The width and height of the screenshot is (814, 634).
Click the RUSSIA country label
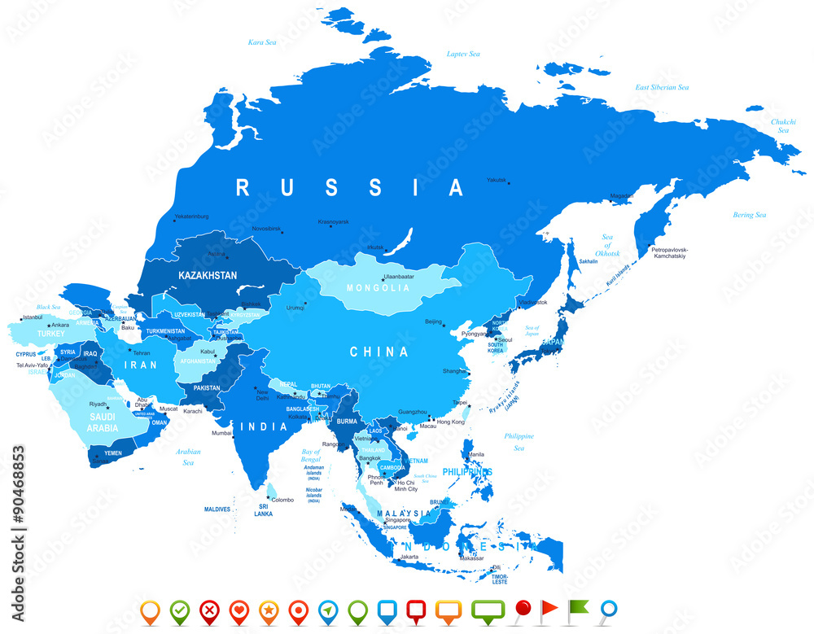[349, 188]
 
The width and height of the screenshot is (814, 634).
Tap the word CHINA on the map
[379, 352]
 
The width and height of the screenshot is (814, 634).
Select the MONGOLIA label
[379, 288]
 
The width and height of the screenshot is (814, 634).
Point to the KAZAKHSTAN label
[208, 275]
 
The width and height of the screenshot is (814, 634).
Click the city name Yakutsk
[496, 180]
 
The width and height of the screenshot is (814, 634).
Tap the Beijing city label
[433, 321]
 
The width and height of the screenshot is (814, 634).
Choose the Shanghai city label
[454, 371]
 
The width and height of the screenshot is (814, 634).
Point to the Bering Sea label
[749, 215]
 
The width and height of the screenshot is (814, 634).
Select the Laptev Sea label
[464, 54]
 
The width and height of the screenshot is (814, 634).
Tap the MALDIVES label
[217, 509]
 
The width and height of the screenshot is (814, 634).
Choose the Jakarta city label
[409, 557]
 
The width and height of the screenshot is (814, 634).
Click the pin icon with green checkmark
[179, 610]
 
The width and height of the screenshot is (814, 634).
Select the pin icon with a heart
[238, 610]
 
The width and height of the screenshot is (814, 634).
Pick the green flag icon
[577, 607]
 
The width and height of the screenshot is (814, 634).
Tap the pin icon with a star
[268, 610]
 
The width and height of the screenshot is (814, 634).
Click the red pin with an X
[208, 610]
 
